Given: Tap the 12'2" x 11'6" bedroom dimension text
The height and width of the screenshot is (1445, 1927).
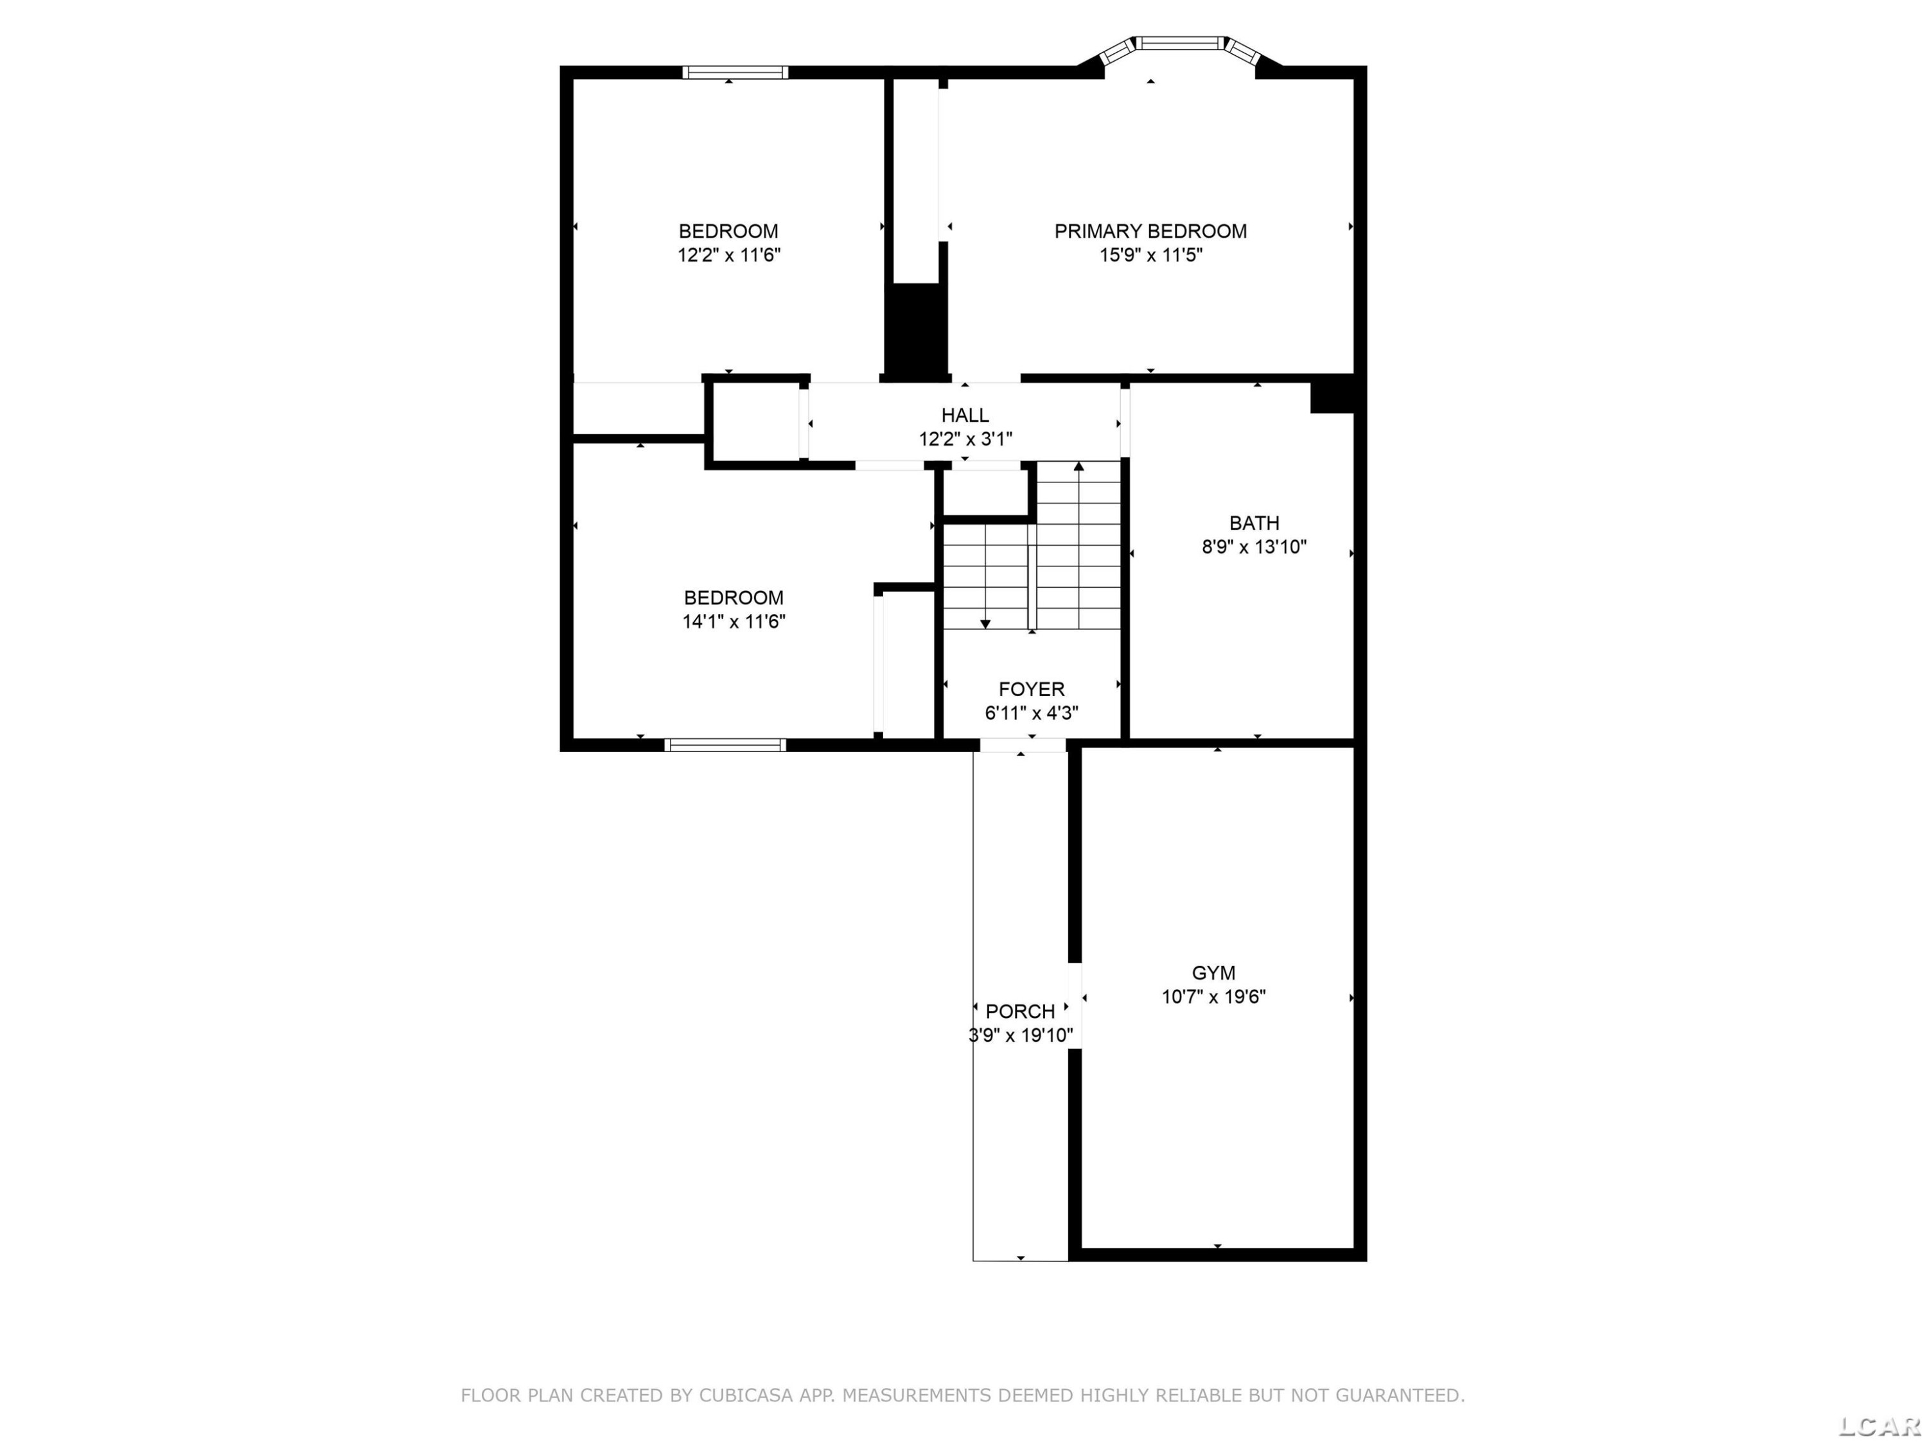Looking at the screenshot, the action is (729, 255).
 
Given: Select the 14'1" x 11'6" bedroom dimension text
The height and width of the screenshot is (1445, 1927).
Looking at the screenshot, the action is (734, 621).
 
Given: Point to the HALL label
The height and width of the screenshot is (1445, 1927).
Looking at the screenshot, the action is (965, 416).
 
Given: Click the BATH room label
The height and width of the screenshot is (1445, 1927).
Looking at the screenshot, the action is (1254, 523).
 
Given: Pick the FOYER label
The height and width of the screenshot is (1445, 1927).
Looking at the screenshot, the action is (1032, 689).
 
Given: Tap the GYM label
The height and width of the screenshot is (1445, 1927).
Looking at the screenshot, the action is (1213, 973).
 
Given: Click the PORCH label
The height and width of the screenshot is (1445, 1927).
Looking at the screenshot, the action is (1020, 1011).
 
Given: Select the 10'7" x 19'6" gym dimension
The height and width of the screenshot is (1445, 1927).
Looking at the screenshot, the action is (1213, 997).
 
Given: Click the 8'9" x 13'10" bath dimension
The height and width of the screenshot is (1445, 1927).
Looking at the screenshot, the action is (1254, 547).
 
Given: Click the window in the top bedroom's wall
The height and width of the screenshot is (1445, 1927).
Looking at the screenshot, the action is (735, 73).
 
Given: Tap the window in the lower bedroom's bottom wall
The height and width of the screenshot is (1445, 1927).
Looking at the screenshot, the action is (725, 745).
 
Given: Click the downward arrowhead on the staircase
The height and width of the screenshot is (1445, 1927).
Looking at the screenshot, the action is (985, 624).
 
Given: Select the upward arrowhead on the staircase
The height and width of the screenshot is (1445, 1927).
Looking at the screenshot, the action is (1079, 467).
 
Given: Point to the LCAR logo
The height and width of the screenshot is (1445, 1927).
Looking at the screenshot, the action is (1879, 1426).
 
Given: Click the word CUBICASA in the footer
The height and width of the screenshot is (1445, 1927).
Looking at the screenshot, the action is (746, 1396).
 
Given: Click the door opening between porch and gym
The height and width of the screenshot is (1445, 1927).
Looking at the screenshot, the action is (1075, 1005).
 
